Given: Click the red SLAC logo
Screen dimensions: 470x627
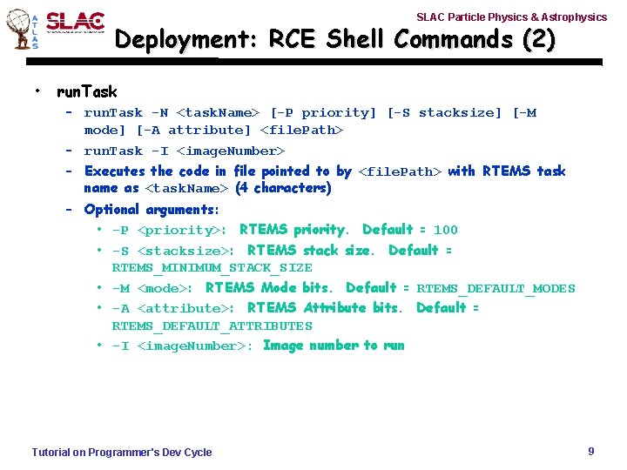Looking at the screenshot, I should pos(75,23).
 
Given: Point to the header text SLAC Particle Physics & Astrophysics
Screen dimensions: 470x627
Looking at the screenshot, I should pos(511,17).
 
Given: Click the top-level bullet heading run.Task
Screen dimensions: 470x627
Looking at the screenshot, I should pos(86,91).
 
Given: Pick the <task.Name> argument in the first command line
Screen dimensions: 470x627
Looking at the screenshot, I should pos(218,112).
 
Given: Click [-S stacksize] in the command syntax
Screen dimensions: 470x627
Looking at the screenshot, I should pos(444,112).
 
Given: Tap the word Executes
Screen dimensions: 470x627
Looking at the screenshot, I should pos(115,171).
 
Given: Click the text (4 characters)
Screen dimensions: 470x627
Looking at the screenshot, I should pos(283,188).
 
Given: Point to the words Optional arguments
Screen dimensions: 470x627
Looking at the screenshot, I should pos(151,210).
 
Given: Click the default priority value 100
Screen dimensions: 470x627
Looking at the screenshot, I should pos(445,230).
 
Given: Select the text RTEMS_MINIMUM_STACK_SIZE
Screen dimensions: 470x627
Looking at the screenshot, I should pos(212,268).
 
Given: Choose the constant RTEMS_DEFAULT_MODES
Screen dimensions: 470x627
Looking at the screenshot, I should pos(496,289).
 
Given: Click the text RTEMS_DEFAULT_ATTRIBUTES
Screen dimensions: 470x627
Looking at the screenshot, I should pos(212,326).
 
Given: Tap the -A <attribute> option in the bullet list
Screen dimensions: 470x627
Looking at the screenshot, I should pos(172,308).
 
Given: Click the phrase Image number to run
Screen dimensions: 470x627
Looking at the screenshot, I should pos(334,346).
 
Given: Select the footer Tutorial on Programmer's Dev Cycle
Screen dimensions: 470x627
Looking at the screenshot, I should pos(122,452).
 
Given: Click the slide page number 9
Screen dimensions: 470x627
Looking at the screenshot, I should pos(591,451).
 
